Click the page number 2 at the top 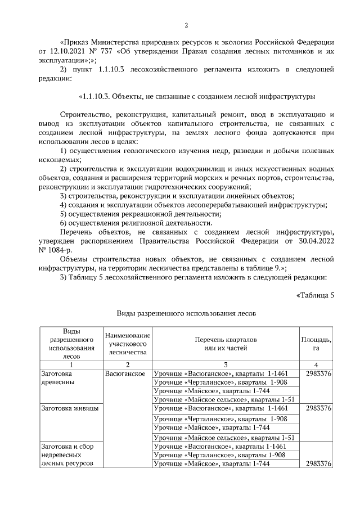click(186, 25)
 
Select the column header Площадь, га click(316, 344)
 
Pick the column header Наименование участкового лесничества click(127, 344)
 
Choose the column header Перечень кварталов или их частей click(226, 344)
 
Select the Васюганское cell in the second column click(125, 373)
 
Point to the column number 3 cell click(225, 364)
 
